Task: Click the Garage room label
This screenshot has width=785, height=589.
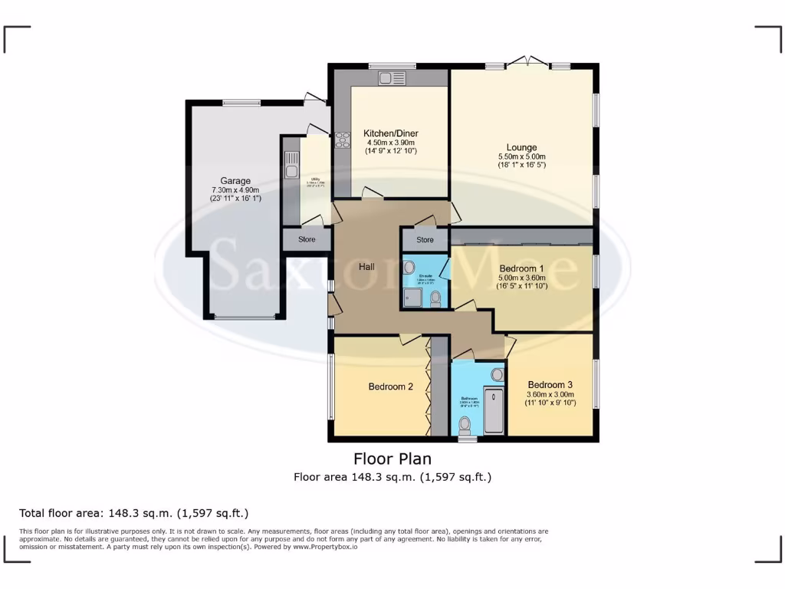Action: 235,182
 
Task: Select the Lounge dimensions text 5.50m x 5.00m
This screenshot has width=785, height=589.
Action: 521,156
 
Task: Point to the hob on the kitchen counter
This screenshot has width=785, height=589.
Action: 342,144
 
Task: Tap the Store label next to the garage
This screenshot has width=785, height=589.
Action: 307,239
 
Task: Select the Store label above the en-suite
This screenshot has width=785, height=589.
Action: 425,240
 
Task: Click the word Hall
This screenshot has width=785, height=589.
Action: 366,267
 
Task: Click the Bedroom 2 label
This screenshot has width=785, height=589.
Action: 390,387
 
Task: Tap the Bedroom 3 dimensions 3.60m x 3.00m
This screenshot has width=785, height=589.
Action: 550,394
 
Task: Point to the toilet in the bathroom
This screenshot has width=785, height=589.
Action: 465,424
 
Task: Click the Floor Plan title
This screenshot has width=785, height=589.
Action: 392,459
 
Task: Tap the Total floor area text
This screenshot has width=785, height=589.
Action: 133,513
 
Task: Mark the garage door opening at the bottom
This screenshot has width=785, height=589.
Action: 245,317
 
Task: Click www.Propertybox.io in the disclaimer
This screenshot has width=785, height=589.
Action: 324,547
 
